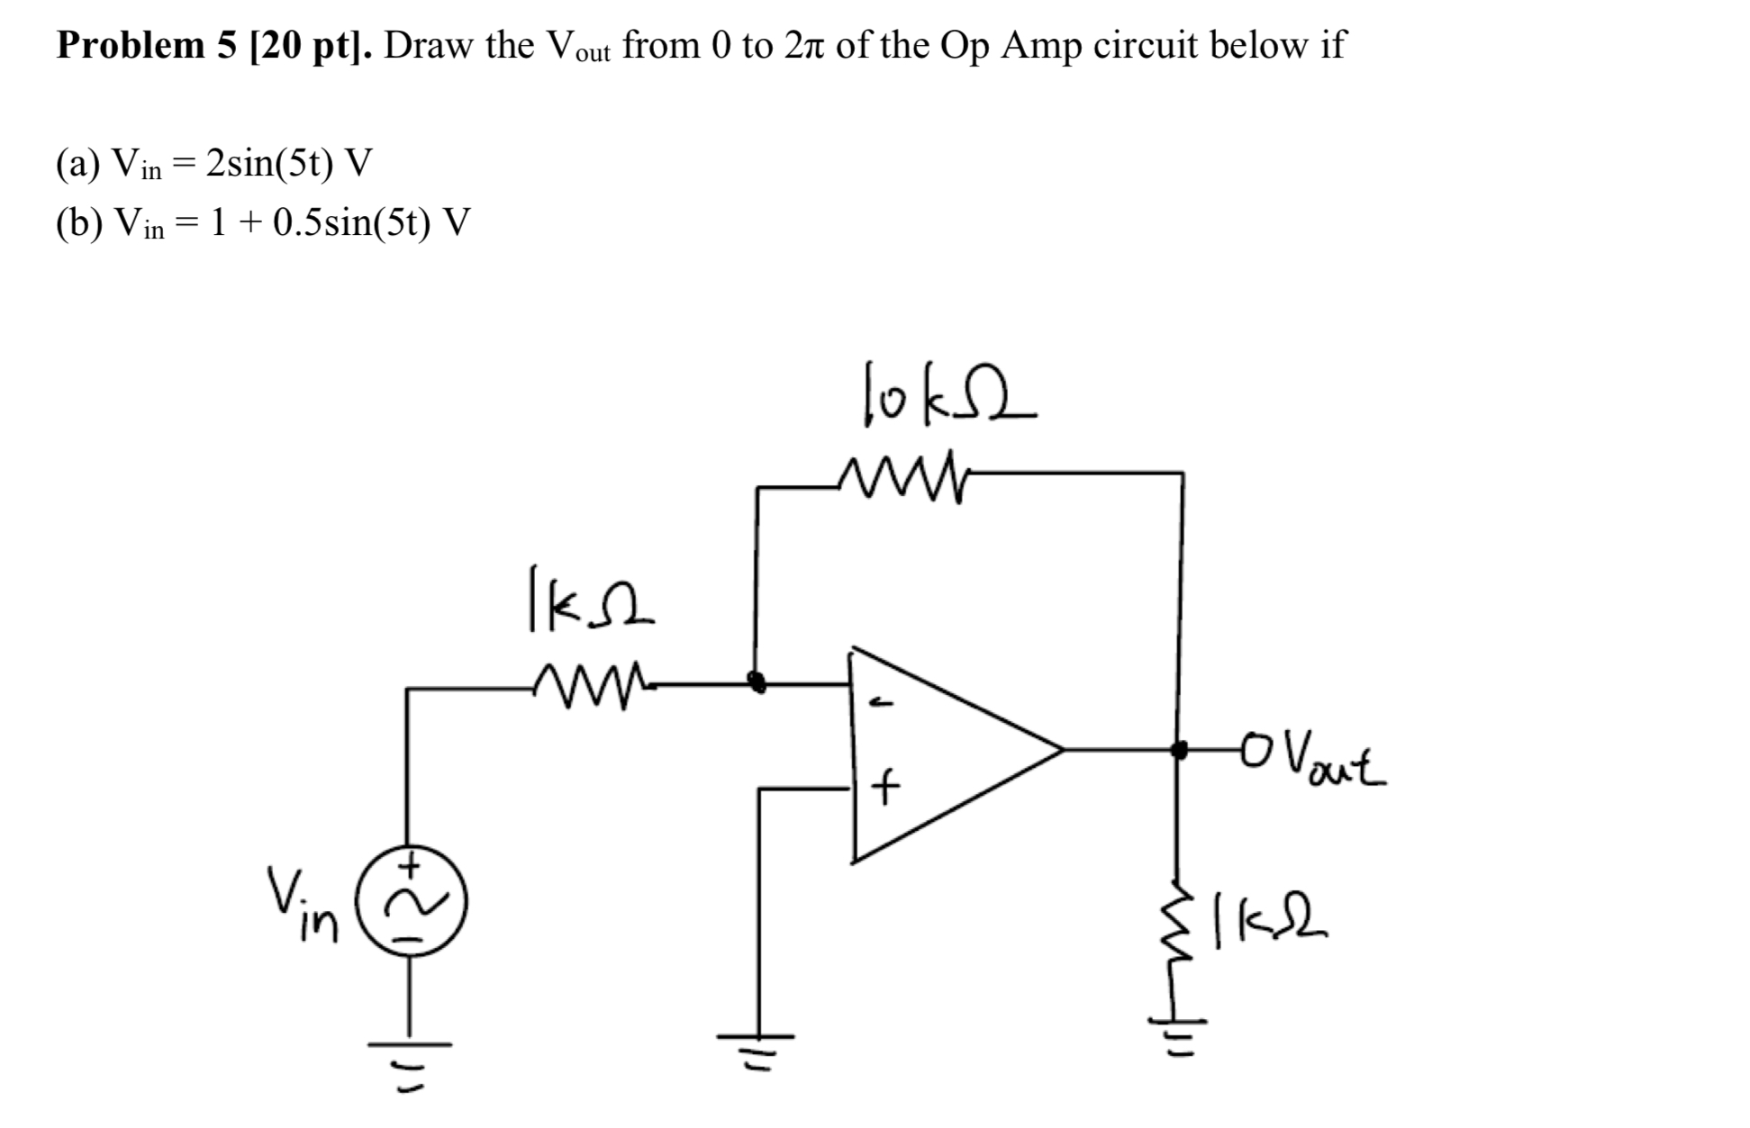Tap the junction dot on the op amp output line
point(1177,748)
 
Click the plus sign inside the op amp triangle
point(886,790)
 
